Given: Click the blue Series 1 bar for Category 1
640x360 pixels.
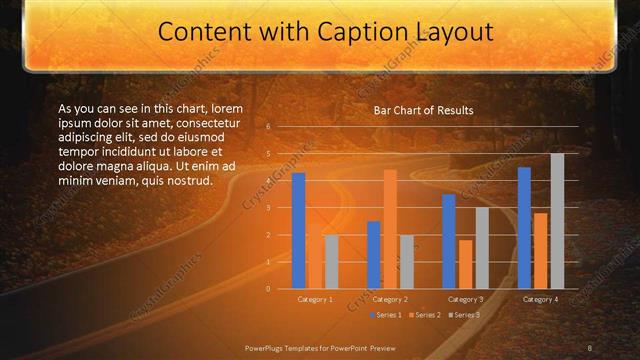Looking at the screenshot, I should point(298,231).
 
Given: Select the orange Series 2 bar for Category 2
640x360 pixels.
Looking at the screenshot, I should point(389,229).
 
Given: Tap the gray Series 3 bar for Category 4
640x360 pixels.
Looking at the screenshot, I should point(557,221).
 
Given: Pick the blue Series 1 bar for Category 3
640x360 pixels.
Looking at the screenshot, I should point(448,241).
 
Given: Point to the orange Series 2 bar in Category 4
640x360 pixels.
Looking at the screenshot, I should point(540,250).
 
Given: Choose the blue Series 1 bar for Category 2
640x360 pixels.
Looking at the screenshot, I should point(373,255).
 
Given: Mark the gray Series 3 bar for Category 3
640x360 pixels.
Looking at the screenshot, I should point(482,248).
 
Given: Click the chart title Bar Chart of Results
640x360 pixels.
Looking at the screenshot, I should point(423,110).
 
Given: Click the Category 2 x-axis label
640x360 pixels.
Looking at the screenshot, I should point(390,299).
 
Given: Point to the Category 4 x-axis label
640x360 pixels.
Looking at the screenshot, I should point(540,299).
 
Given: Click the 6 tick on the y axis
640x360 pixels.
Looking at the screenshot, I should point(268,127).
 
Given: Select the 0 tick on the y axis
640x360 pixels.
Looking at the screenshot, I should point(268,288).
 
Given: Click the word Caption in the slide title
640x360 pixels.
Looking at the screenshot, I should point(366,33).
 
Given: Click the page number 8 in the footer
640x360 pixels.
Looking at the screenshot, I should point(589,347).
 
